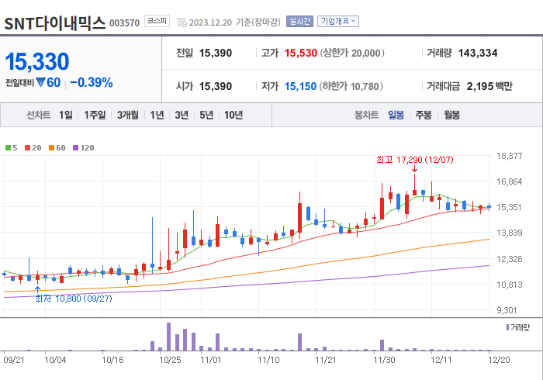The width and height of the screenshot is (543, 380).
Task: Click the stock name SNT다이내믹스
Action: click(55, 22)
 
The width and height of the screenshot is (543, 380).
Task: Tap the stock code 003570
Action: click(125, 23)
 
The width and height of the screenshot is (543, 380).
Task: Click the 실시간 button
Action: click(299, 22)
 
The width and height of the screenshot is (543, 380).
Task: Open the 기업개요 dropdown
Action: click(338, 22)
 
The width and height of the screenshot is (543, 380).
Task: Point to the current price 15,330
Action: click(37, 62)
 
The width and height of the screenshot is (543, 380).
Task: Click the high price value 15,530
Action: click(301, 53)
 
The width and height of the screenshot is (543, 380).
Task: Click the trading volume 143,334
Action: click(477, 53)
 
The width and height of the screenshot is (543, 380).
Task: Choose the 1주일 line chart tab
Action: click(95, 115)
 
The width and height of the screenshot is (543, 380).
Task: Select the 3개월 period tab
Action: click(128, 115)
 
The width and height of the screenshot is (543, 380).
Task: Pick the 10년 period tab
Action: click(233, 115)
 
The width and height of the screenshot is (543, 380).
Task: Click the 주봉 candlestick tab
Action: click(424, 115)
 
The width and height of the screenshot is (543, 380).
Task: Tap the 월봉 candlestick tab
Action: click(451, 115)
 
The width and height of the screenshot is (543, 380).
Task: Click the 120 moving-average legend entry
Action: click(84, 147)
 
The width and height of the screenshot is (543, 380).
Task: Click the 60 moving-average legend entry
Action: click(57, 147)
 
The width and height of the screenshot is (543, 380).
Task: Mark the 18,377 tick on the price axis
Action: click(510, 156)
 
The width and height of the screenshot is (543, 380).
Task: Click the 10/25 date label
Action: click(170, 359)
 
